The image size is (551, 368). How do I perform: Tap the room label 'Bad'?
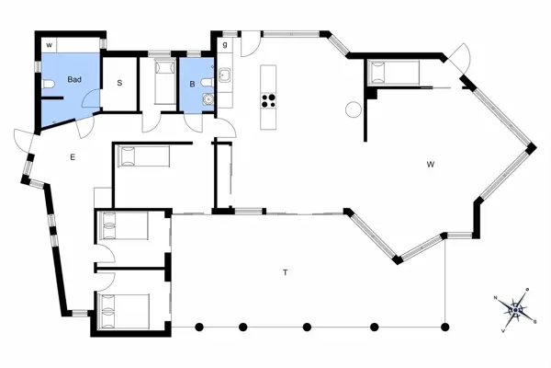[x=74, y=81]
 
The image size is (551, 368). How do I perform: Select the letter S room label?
[x=119, y=83]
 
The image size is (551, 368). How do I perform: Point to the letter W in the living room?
[x=430, y=165]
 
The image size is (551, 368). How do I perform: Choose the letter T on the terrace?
[x=286, y=273]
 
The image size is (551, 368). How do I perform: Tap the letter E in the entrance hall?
[x=72, y=157]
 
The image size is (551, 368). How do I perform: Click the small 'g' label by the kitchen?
[x=225, y=43]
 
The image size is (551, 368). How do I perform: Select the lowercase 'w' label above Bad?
[x=49, y=44]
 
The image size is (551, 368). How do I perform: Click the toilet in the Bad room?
[x=48, y=85]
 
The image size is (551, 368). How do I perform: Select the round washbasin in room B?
[x=208, y=100]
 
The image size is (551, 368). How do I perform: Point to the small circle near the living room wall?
[x=353, y=110]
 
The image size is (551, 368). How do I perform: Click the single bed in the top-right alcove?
[x=394, y=71]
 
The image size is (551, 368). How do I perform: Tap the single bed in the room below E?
[x=123, y=225]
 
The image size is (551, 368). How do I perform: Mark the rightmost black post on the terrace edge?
[x=445, y=326]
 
